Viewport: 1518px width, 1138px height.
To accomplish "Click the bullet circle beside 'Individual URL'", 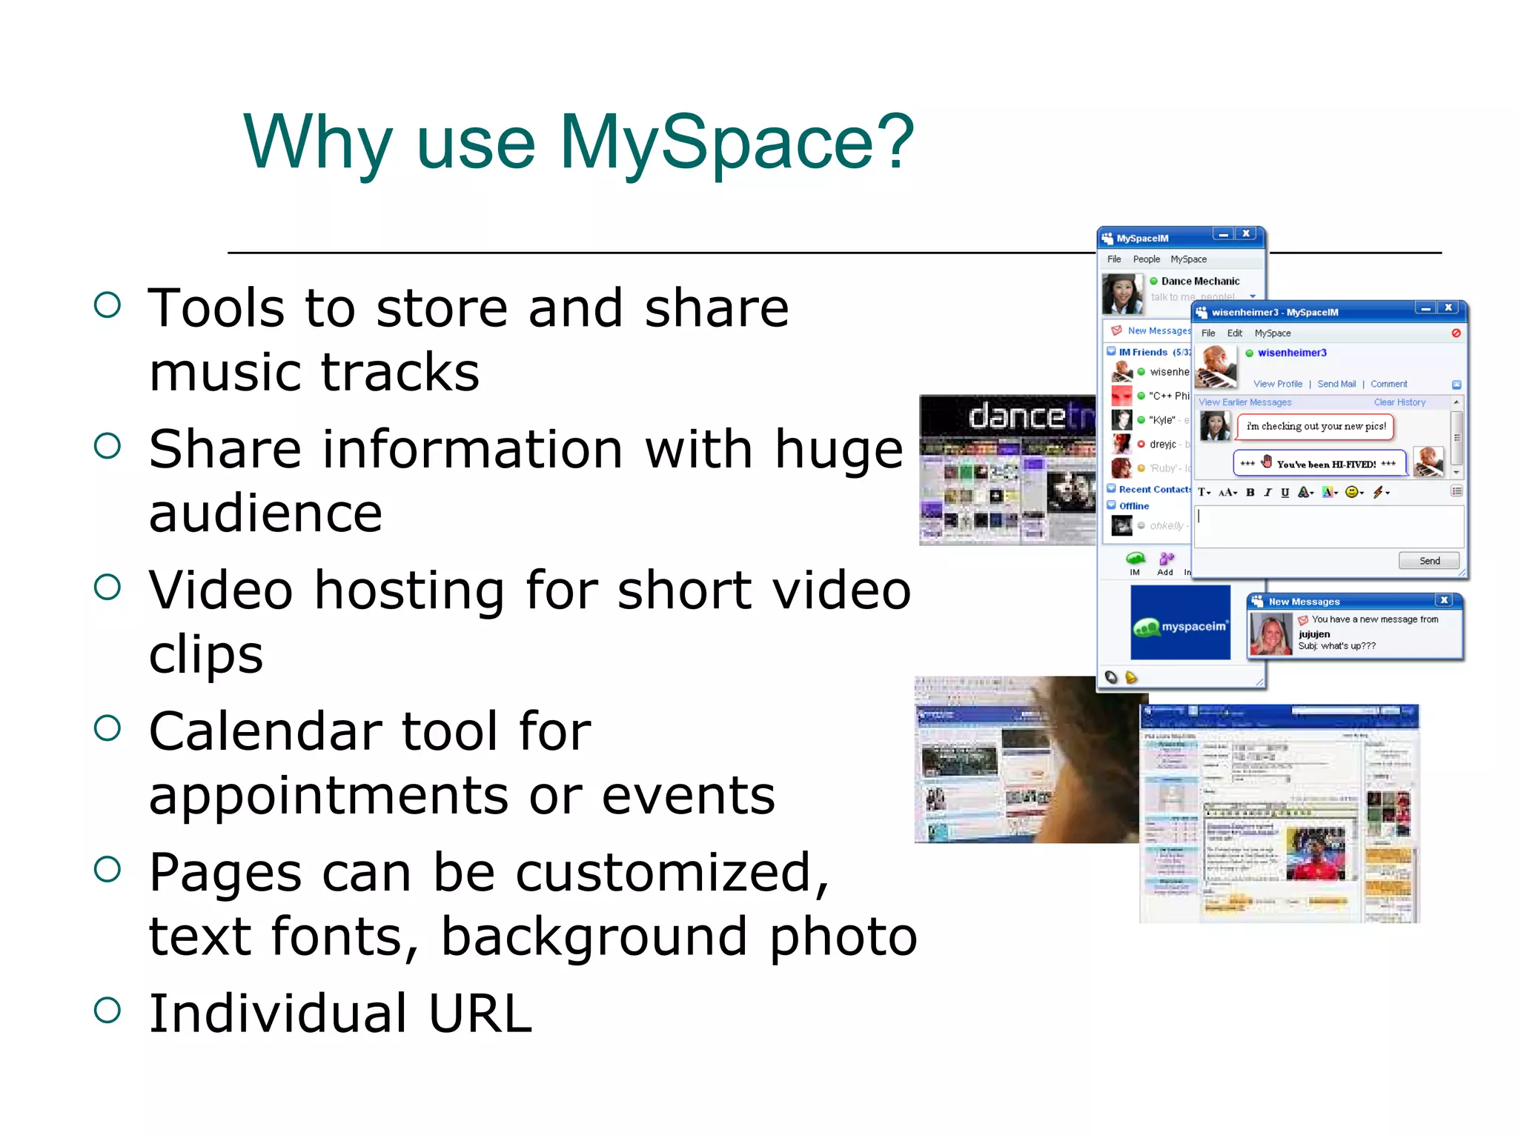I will [x=107, y=1010].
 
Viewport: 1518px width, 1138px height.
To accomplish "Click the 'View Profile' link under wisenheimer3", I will [x=1277, y=384].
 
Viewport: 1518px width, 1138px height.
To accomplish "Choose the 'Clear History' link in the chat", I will [x=1399, y=402].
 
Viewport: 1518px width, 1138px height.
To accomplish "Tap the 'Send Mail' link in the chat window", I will [x=1336, y=384].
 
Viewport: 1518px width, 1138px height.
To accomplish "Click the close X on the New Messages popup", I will [x=1443, y=600].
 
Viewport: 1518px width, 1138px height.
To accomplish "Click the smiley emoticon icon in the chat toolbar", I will [x=1351, y=492].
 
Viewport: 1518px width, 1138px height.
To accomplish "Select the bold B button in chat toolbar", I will [x=1250, y=493].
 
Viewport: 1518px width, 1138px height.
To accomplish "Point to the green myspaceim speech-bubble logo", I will [x=1147, y=628].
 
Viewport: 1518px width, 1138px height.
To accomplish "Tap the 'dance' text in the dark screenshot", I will [x=1015, y=416].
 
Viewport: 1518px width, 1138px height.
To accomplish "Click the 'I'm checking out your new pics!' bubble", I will [x=1316, y=427].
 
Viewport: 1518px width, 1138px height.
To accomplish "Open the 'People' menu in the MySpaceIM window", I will [x=1146, y=259].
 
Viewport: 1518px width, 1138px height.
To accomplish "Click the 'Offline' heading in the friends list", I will [x=1133, y=506].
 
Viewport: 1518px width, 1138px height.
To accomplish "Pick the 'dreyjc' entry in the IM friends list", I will [x=1162, y=445].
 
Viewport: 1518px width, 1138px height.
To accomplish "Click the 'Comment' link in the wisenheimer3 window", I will [x=1388, y=384].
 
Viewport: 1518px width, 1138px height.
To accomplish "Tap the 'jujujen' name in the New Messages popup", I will [x=1313, y=634].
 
